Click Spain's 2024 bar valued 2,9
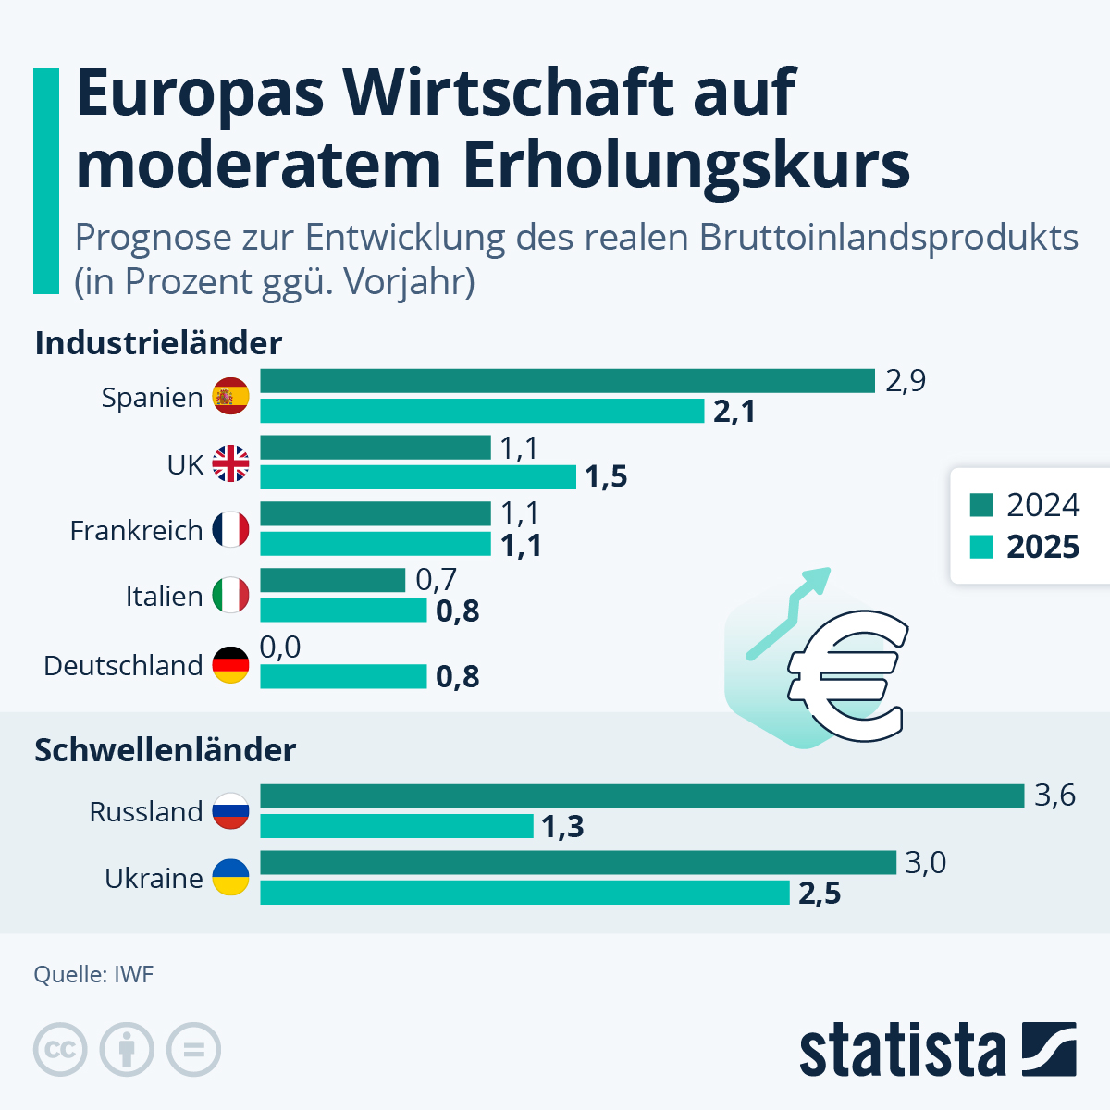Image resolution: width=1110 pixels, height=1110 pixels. click(x=567, y=381)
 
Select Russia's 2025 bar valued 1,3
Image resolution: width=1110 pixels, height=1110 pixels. click(x=397, y=826)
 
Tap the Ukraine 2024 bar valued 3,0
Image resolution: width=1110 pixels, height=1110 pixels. click(x=578, y=863)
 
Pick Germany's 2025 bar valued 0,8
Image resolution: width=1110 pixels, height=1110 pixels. click(x=343, y=677)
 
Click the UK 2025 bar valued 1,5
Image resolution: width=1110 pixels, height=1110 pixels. click(x=418, y=477)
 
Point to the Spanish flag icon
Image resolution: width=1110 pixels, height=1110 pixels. click(x=231, y=397)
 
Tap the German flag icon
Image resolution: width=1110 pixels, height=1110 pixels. click(x=231, y=665)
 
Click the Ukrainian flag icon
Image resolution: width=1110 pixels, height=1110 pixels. click(x=231, y=878)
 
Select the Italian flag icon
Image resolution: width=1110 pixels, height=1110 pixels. click(x=231, y=596)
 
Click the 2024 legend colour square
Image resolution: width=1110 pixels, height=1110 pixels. click(x=981, y=505)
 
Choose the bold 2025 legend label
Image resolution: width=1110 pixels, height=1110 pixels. click(x=1042, y=547)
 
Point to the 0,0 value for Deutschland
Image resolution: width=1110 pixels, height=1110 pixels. click(x=280, y=647)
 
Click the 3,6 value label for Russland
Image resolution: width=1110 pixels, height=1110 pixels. click(x=1054, y=795)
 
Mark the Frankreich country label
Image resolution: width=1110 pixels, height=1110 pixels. click(x=136, y=531)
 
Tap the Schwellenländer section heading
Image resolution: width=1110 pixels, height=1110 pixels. click(x=165, y=749)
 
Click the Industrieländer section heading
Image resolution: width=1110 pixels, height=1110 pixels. click(x=158, y=343)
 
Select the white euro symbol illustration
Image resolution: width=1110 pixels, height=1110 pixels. click(x=844, y=674)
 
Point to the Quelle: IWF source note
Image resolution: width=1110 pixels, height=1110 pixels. click(x=93, y=974)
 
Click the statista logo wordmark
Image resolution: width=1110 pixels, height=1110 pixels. click(x=902, y=1051)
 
